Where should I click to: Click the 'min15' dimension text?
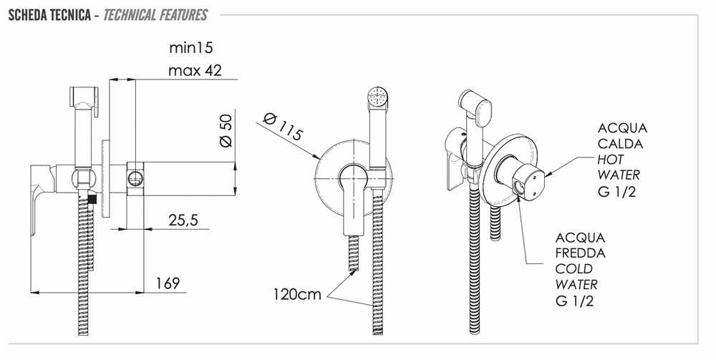pos(191,47)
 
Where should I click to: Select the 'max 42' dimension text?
pos(195,70)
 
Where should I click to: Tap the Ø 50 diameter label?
pos(226,130)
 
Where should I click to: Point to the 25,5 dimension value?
pos(183,220)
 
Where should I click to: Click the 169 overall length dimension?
pos(168,283)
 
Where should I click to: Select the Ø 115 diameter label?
pos(283,126)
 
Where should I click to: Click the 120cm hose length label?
pos(297,294)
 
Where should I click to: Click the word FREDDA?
pos(581,253)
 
